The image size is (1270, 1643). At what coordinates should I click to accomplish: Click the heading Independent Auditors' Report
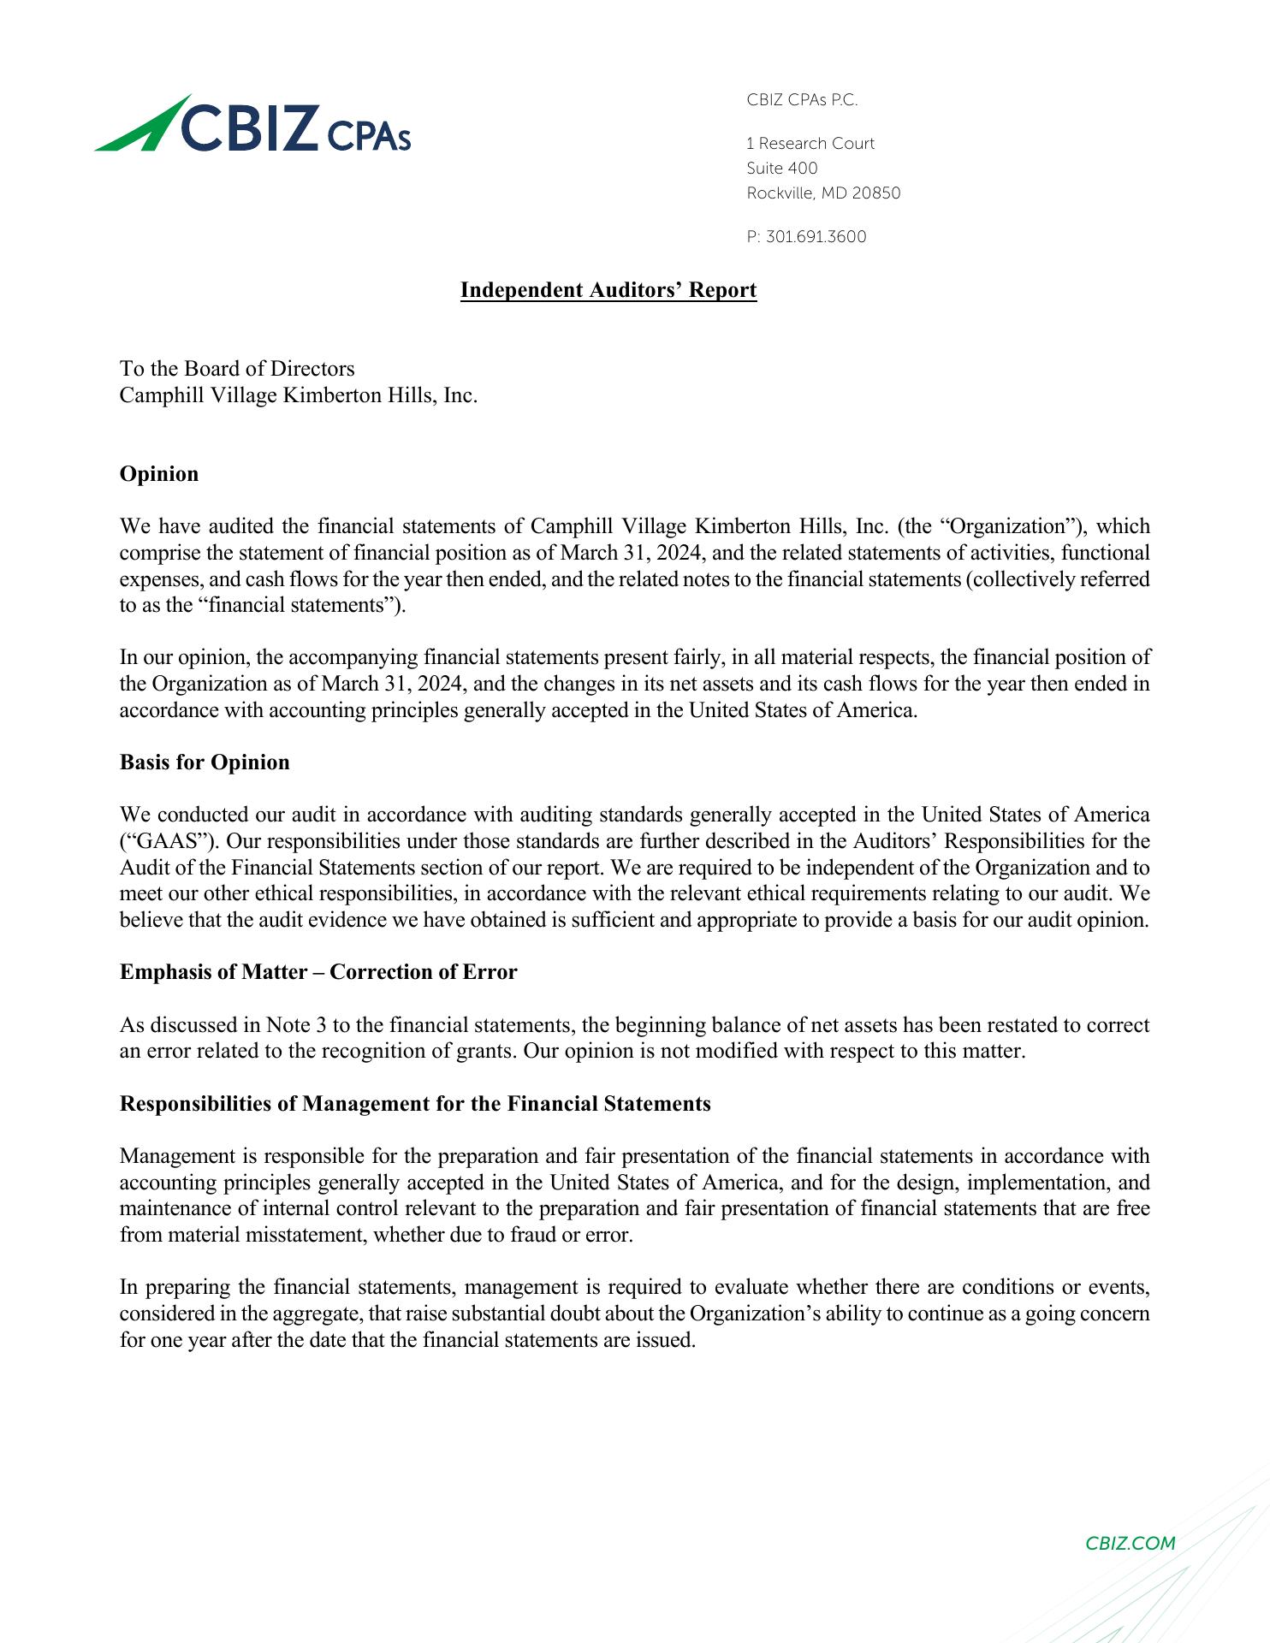tap(608, 290)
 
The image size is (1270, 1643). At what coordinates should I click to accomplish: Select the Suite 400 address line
tap(782, 169)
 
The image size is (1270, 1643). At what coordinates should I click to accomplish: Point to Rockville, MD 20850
tap(823, 193)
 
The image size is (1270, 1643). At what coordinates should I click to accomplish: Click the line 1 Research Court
tap(810, 144)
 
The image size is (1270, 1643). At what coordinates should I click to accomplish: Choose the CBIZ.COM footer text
tap(1130, 1543)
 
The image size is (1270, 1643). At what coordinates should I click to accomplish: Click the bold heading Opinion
tap(159, 474)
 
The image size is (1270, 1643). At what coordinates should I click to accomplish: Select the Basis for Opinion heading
tap(205, 762)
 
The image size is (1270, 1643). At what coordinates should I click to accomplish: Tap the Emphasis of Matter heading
tap(318, 972)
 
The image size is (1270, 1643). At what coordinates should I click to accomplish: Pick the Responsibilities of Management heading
tap(415, 1104)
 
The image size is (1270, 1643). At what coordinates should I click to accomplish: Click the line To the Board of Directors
tap(237, 369)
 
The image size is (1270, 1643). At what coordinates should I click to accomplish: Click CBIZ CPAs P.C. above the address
tap(802, 100)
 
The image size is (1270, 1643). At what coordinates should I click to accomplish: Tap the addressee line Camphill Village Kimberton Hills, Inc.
tap(299, 395)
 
